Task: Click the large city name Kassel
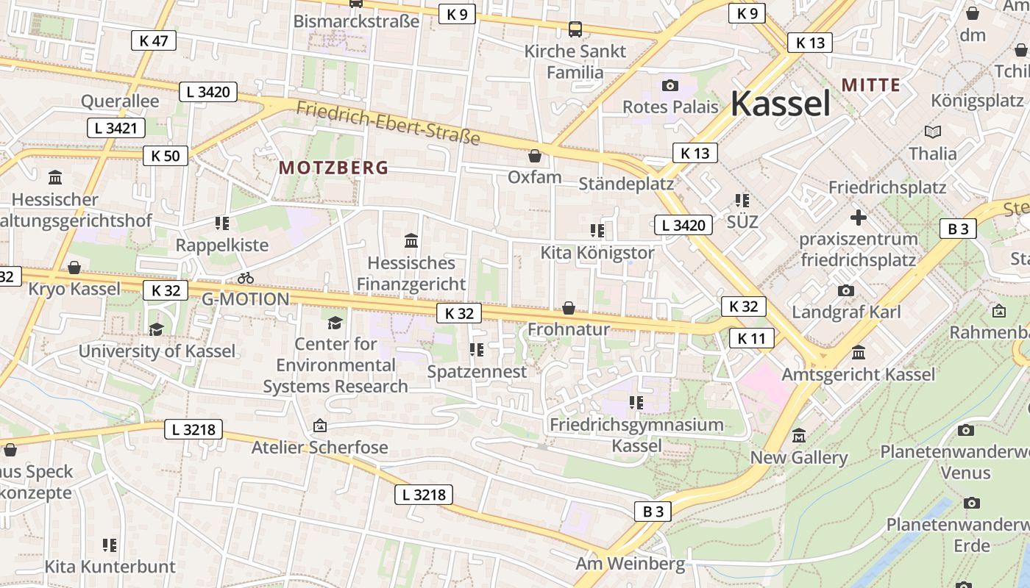[780, 103]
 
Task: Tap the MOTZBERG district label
[333, 168]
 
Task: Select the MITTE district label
[871, 85]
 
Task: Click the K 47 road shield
[154, 40]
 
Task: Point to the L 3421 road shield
[116, 128]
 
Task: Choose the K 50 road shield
[166, 156]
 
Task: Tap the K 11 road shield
[752, 338]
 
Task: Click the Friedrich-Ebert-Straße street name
[388, 123]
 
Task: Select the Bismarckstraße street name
[356, 21]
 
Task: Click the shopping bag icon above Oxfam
[535, 156]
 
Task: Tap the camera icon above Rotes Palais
[669, 86]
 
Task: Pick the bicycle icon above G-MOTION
[246, 278]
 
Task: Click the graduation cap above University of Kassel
[156, 329]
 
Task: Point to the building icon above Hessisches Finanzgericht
[411, 240]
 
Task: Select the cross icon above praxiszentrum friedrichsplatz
[858, 218]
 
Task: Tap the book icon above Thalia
[932, 132]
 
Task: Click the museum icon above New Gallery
[799, 436]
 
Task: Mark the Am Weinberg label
[630, 564]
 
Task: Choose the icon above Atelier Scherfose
[319, 426]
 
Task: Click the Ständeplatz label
[626, 183]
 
